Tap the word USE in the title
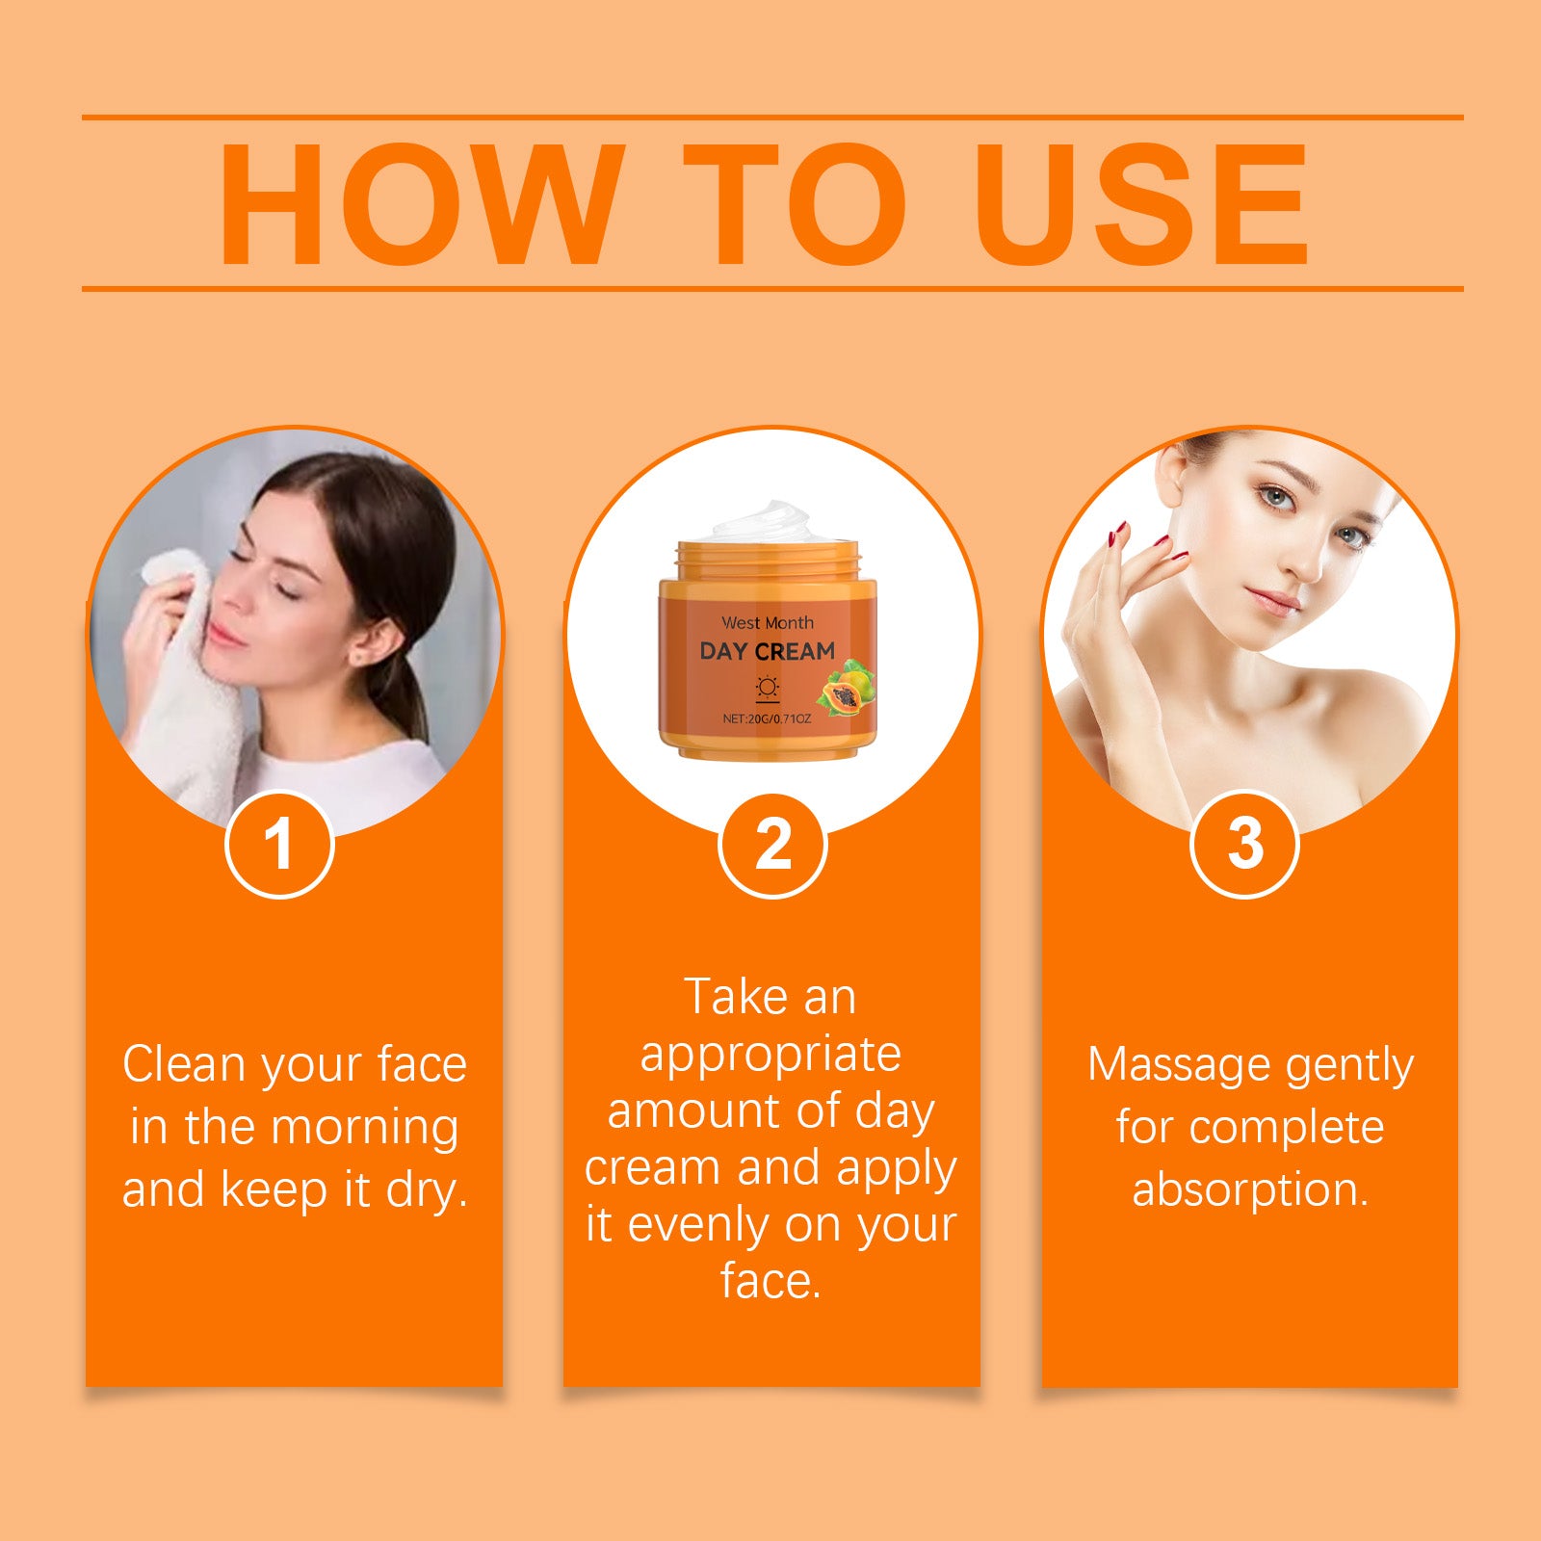[1140, 204]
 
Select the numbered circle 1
[279, 844]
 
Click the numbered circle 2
[772, 844]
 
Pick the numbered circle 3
[1244, 844]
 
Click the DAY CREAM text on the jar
[767, 651]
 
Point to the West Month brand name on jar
[767, 623]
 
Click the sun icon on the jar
[767, 688]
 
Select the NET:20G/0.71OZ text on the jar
[767, 718]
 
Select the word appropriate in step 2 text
[770, 1056]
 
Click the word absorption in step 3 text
[1250, 1190]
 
